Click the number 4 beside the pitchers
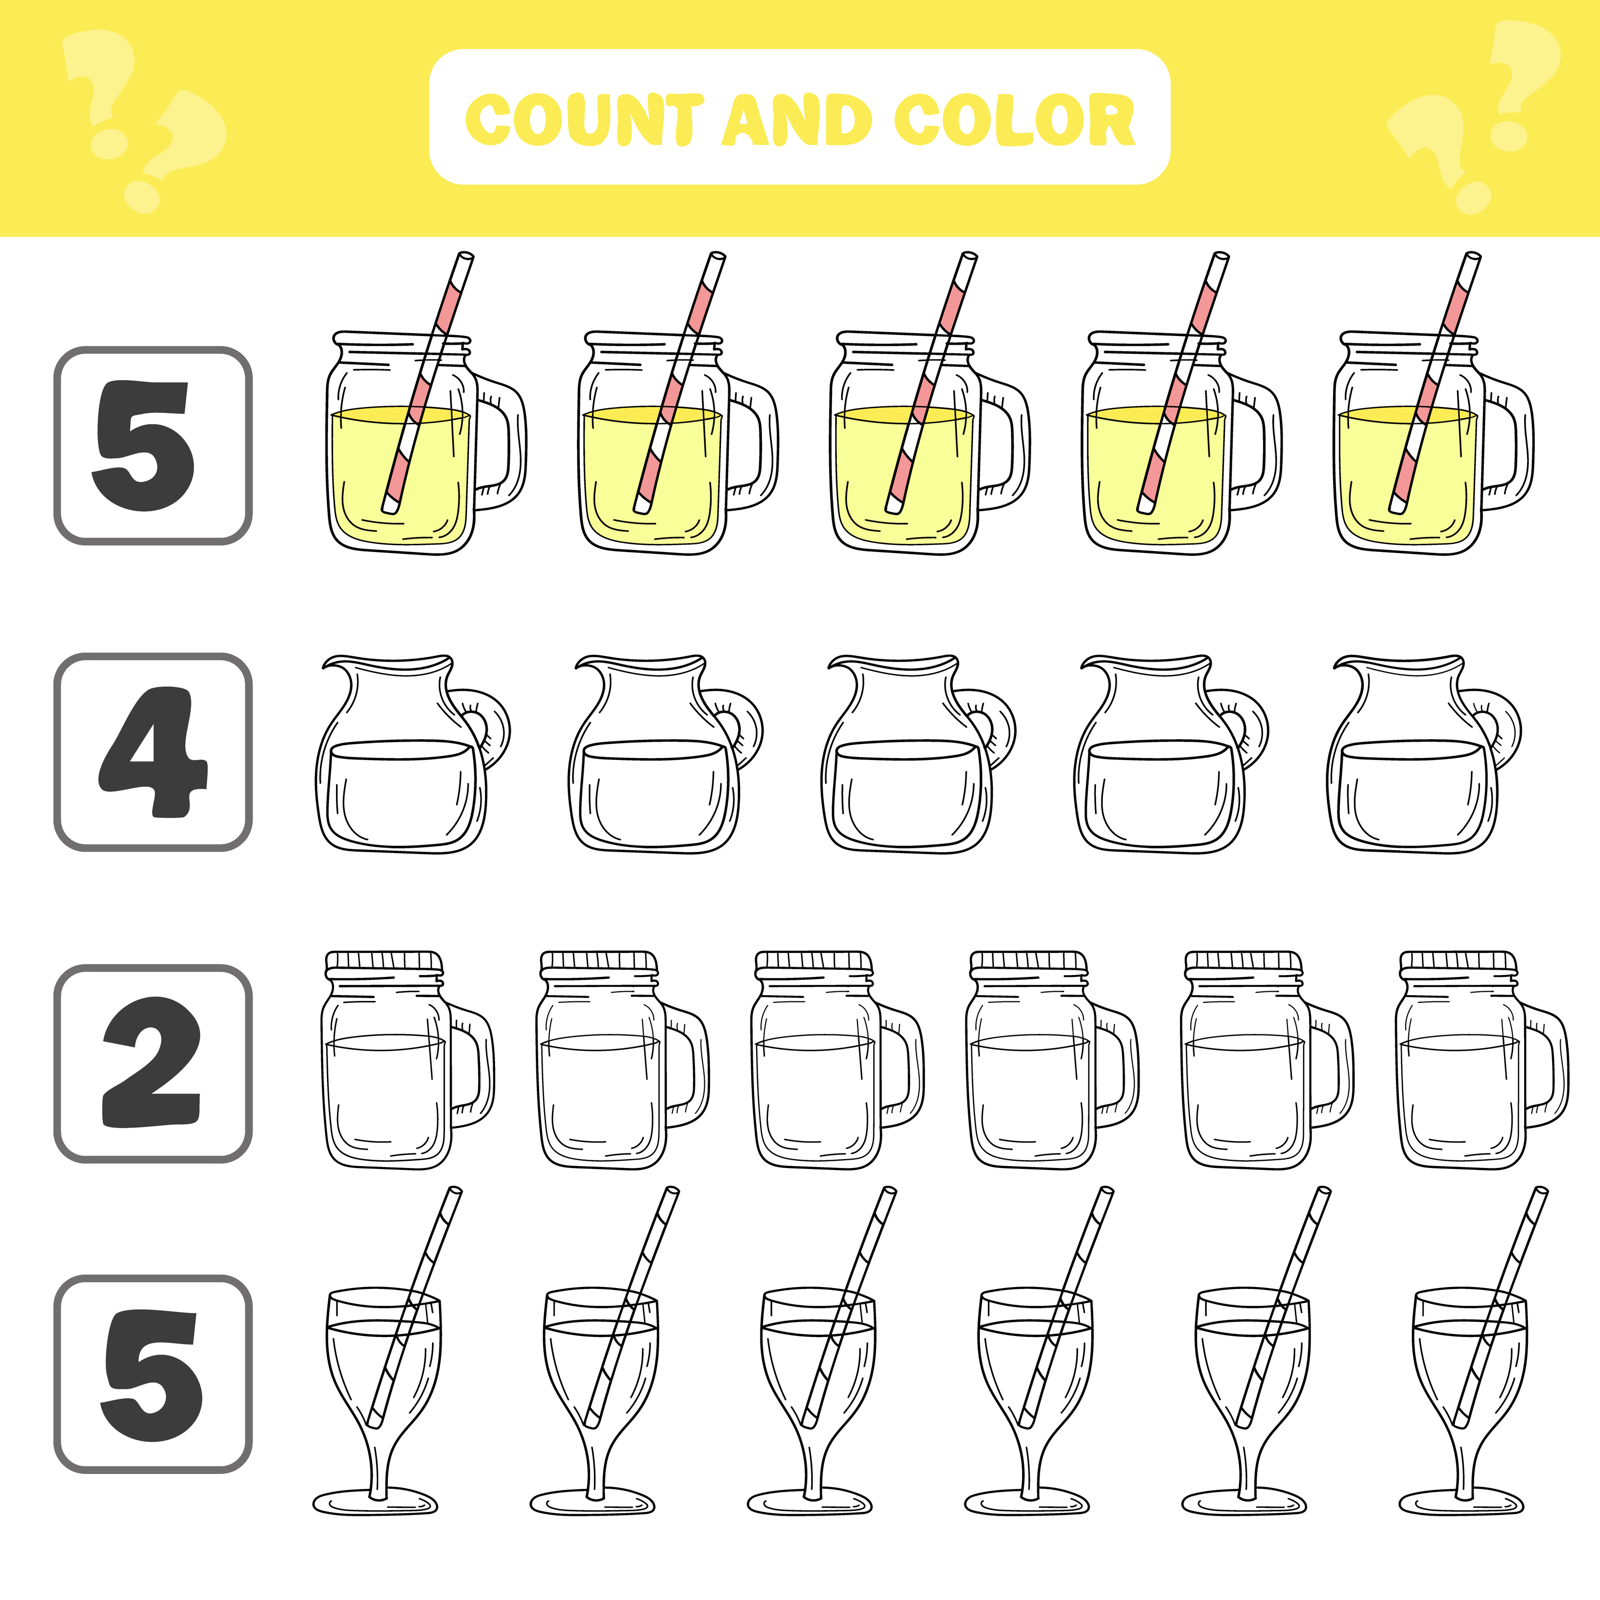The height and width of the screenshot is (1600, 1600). [153, 752]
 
